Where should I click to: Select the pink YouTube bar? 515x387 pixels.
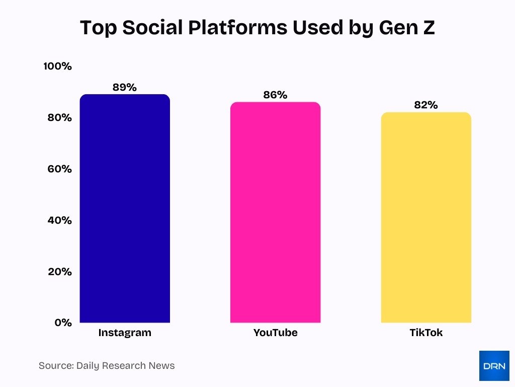pos(275,212)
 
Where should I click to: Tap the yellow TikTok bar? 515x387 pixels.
pos(426,217)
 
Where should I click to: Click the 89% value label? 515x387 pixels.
pos(125,87)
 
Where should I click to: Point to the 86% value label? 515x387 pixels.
pos(275,95)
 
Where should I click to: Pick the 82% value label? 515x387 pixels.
pos(426,105)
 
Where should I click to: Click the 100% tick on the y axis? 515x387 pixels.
pos(57,67)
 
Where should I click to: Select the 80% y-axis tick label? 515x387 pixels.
pos(59,118)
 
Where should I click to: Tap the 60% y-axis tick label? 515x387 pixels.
pos(59,169)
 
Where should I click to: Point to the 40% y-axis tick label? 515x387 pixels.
pos(59,220)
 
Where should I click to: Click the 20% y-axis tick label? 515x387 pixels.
pos(59,272)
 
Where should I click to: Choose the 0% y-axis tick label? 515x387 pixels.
pos(63,322)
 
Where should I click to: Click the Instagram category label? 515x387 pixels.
pos(125,333)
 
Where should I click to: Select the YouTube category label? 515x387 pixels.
pos(275,333)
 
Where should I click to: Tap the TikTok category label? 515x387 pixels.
pos(426,333)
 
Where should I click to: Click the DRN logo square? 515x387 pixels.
pos(494,366)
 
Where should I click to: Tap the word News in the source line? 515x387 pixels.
pos(161,366)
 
